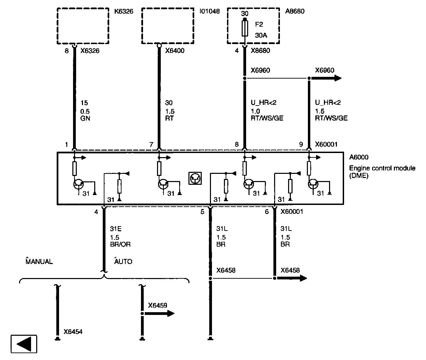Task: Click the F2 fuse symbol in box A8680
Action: [x=244, y=28]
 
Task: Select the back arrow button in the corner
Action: [x=24, y=343]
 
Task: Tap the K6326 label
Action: [x=124, y=12]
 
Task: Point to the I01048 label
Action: [x=209, y=12]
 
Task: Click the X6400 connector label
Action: [x=175, y=51]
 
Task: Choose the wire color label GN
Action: [x=85, y=118]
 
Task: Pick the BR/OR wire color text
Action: [x=120, y=244]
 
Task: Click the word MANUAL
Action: [x=39, y=262]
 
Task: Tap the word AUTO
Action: [x=123, y=262]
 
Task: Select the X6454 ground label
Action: [x=73, y=332]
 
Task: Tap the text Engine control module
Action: [x=382, y=168]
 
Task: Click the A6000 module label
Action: [x=359, y=157]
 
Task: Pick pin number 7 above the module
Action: [x=151, y=144]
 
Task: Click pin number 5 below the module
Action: [x=202, y=212]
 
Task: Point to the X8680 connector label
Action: [x=260, y=51]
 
